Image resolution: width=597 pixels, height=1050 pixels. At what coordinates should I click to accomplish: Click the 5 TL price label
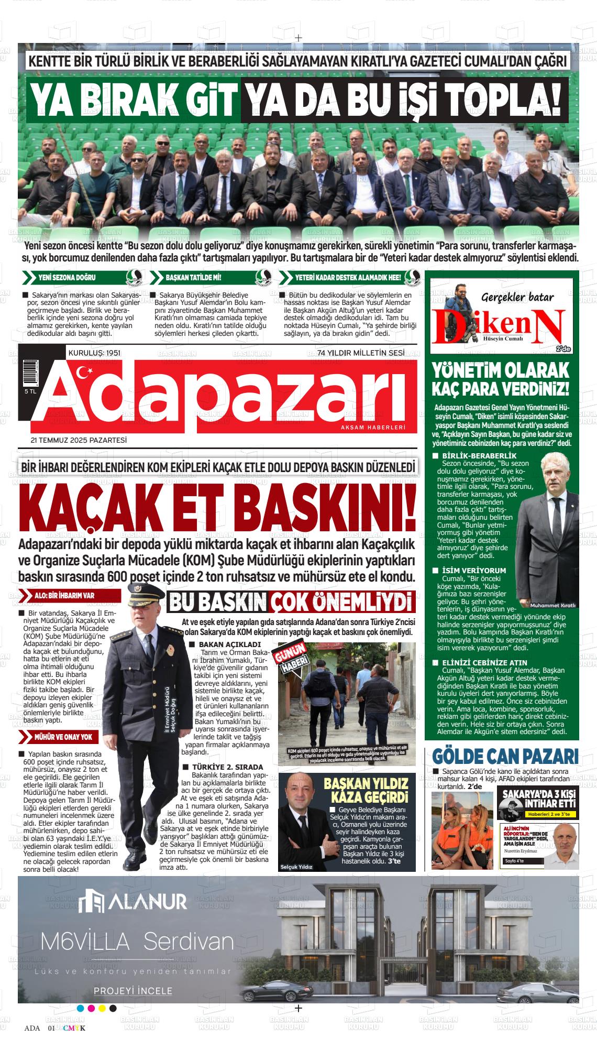click(30, 391)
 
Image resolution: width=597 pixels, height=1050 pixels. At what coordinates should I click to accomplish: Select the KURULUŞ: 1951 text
click(94, 353)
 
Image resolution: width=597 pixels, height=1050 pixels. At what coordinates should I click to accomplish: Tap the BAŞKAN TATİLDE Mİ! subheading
click(193, 277)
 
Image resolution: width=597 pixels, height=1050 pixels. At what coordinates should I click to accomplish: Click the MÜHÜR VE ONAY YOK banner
click(62, 737)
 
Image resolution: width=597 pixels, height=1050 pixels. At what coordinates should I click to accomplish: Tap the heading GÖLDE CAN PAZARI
click(505, 756)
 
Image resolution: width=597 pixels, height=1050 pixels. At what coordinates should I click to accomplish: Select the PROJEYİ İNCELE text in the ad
click(133, 991)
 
